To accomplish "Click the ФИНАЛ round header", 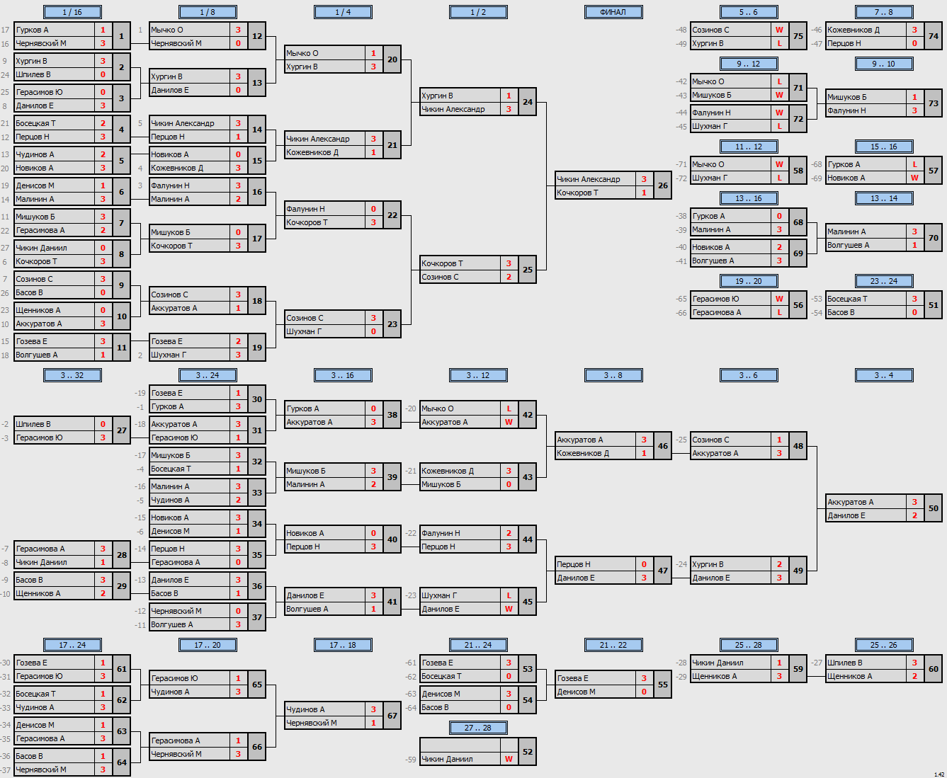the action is tap(613, 12).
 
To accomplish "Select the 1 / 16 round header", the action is tap(72, 12).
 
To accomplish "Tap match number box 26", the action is tap(663, 185).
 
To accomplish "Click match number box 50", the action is tap(933, 508).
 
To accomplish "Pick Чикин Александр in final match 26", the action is tap(588, 179).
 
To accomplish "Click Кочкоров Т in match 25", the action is tap(442, 263).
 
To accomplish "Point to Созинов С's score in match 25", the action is tap(509, 277).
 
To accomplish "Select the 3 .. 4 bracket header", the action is tap(884, 375).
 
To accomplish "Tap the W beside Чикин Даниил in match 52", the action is tap(509, 759).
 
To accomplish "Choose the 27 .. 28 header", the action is tap(478, 728).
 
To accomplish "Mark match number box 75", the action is tap(798, 36).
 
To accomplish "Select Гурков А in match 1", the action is tap(32, 30).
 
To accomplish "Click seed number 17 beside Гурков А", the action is tap(6, 30).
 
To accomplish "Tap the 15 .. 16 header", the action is tap(884, 147).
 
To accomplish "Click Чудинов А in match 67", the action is tap(305, 709).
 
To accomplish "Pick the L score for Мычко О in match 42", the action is tap(509, 408).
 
